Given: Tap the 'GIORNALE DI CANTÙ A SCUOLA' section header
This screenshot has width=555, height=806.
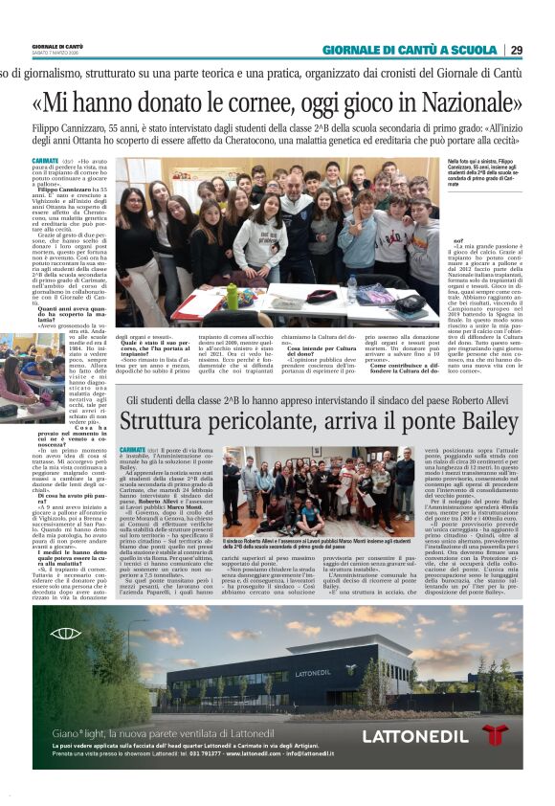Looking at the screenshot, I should pos(411,50).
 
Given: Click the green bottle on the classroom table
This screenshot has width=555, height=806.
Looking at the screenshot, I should pos(233,297).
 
